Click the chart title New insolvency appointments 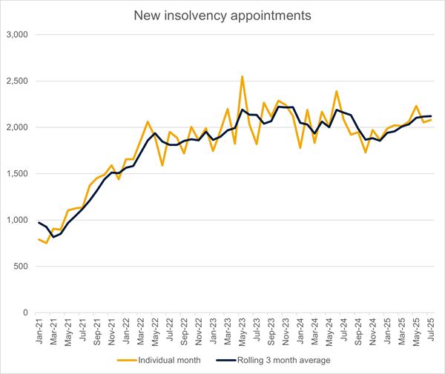click(222, 14)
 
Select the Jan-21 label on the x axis click(39, 330)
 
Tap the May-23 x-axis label click(243, 330)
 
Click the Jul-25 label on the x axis click(431, 330)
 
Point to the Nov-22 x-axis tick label click(199, 330)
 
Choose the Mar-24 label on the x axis click(314, 330)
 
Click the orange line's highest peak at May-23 click(242, 76)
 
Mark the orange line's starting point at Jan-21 click(39, 239)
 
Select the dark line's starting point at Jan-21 click(39, 223)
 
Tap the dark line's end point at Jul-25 click(431, 116)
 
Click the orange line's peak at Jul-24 click(337, 91)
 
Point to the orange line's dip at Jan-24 click(300, 148)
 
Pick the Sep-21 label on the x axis click(97, 330)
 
